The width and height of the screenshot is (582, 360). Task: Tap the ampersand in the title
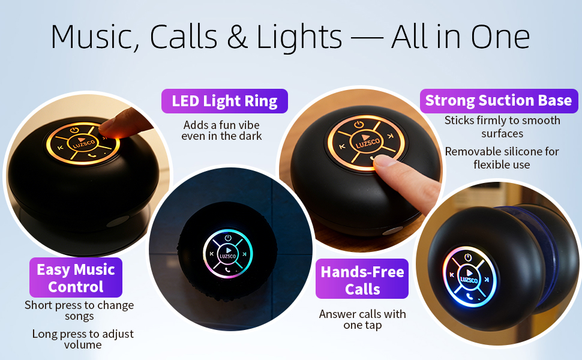pos(240,37)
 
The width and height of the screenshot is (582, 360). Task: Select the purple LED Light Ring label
pos(224,101)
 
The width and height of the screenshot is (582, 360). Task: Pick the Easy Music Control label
pos(76,278)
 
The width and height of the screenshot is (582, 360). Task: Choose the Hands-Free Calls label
pos(362,280)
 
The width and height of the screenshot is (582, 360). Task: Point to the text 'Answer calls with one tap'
pos(362,319)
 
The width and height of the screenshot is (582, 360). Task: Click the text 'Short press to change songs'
pos(79,310)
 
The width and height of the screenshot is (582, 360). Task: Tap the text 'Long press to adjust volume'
pos(83,339)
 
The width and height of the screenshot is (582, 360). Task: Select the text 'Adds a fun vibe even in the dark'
pos(222,130)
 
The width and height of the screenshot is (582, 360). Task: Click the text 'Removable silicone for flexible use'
pos(502,158)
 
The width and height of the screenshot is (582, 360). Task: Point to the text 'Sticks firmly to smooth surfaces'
pos(502,127)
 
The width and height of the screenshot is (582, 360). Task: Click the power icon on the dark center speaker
pos(228,238)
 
